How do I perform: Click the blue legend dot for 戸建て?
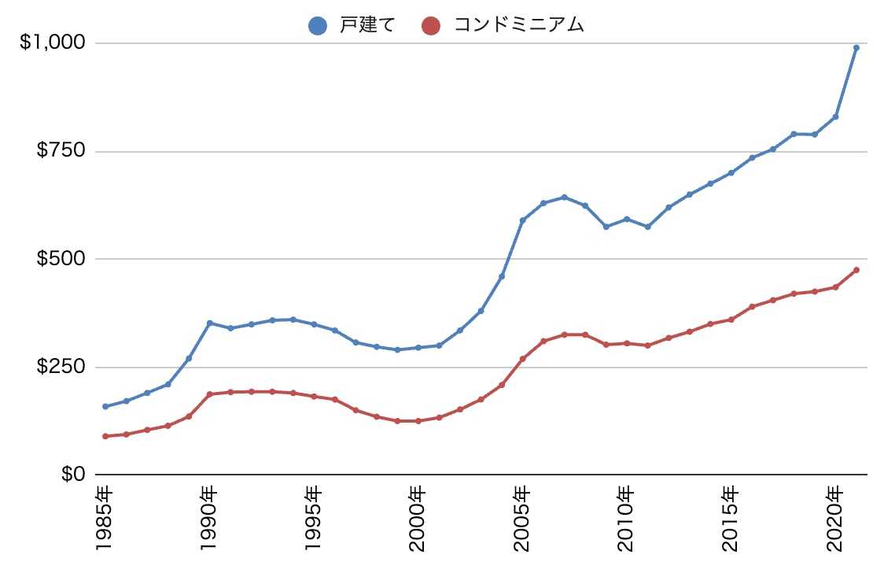[317, 26]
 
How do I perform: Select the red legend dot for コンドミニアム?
[430, 26]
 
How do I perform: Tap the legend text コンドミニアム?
[519, 26]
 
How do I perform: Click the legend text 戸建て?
[366, 26]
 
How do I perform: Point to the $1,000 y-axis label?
[52, 43]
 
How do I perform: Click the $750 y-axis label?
[60, 151]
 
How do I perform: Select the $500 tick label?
[60, 259]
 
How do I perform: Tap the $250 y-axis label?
[60, 367]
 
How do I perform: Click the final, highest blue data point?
[856, 48]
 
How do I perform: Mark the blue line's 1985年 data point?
[105, 406]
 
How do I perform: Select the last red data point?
[856, 270]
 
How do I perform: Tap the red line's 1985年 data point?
[105, 436]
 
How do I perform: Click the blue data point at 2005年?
[522, 220]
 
